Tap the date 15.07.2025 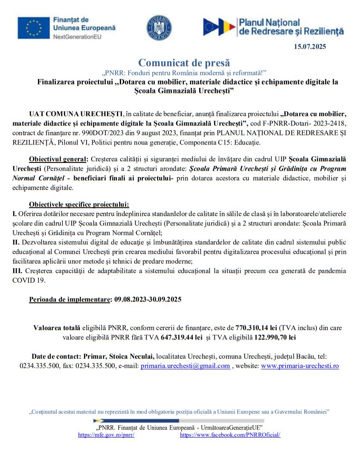click(x=310, y=47)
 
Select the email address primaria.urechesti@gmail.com click(x=185, y=366)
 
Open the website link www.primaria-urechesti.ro click(x=300, y=366)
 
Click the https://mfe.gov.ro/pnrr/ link click(x=106, y=435)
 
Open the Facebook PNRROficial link click(x=230, y=435)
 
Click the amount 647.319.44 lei click(x=181, y=337)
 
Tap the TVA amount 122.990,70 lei click(x=274, y=337)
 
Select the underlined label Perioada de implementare click(x=70, y=299)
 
